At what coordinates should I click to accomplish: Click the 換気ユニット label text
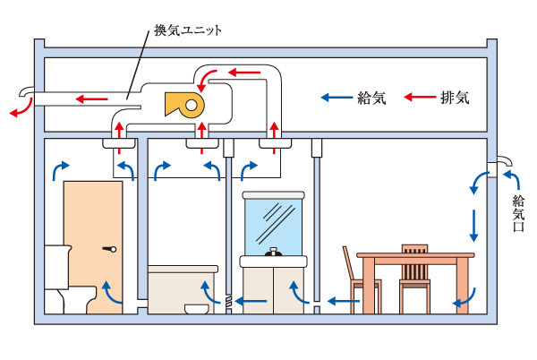point(189,30)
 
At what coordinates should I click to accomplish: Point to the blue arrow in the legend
point(337,97)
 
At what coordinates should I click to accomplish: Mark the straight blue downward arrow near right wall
point(474,225)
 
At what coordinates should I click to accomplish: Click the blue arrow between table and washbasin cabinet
point(338,303)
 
